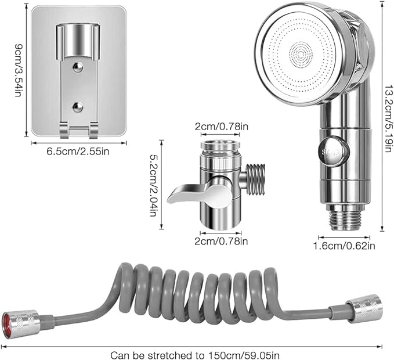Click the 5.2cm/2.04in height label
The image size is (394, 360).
[153, 185]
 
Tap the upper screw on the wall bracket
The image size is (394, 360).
[78, 67]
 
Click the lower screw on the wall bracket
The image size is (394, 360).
[78, 106]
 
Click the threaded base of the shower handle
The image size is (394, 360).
[344, 219]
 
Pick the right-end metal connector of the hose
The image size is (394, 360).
[364, 308]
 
